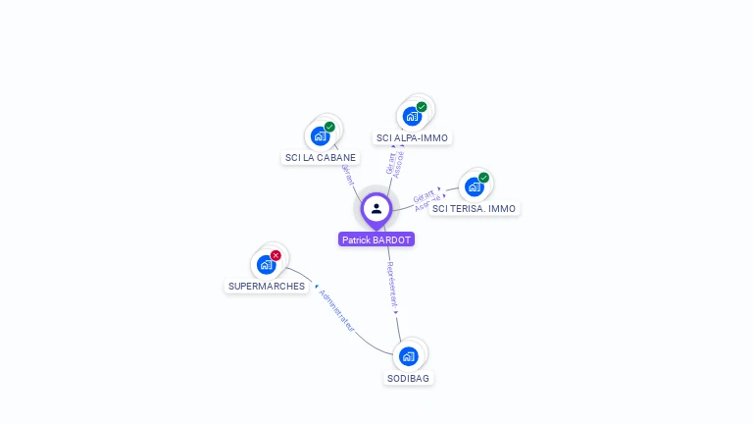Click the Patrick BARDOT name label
[376, 239]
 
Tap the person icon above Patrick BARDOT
[376, 208]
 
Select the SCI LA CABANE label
[321, 157]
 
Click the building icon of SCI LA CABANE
[320, 136]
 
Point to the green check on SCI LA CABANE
[330, 127]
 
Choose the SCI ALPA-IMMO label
[412, 137]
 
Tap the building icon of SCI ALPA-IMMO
[412, 117]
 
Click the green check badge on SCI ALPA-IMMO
[422, 107]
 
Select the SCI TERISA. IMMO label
[475, 208]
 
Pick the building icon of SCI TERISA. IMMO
[475, 186]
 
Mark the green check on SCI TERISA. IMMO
[483, 178]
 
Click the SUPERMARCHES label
[267, 287]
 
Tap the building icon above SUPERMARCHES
[266, 264]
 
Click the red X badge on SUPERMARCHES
[276, 255]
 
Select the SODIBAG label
[408, 378]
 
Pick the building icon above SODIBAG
[408, 355]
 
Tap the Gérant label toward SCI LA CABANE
[346, 173]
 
